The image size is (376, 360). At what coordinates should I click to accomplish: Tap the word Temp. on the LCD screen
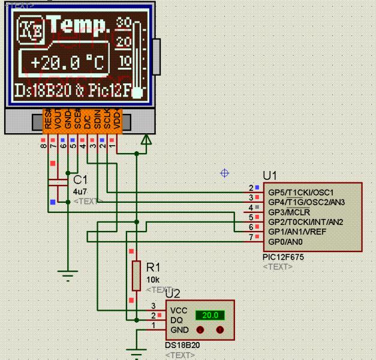click(x=80, y=25)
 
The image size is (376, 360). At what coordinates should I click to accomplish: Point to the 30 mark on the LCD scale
click(x=124, y=23)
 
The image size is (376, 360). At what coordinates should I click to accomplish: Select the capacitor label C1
click(x=80, y=179)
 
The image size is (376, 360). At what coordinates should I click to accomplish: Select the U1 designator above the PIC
click(x=270, y=176)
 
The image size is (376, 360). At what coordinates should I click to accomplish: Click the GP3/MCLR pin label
click(x=288, y=212)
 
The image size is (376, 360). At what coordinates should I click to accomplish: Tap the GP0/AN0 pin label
click(x=286, y=242)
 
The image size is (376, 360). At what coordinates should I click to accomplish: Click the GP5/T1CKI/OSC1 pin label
click(x=300, y=192)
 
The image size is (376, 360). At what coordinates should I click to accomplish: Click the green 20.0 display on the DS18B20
click(x=210, y=315)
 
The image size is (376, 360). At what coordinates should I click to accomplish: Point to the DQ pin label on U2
click(x=177, y=320)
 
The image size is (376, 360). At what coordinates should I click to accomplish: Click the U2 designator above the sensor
click(x=172, y=293)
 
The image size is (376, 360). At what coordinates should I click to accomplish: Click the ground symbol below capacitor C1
click(x=68, y=277)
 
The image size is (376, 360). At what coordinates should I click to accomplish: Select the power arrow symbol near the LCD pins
click(x=145, y=140)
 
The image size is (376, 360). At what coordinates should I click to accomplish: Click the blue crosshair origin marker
click(x=225, y=173)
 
